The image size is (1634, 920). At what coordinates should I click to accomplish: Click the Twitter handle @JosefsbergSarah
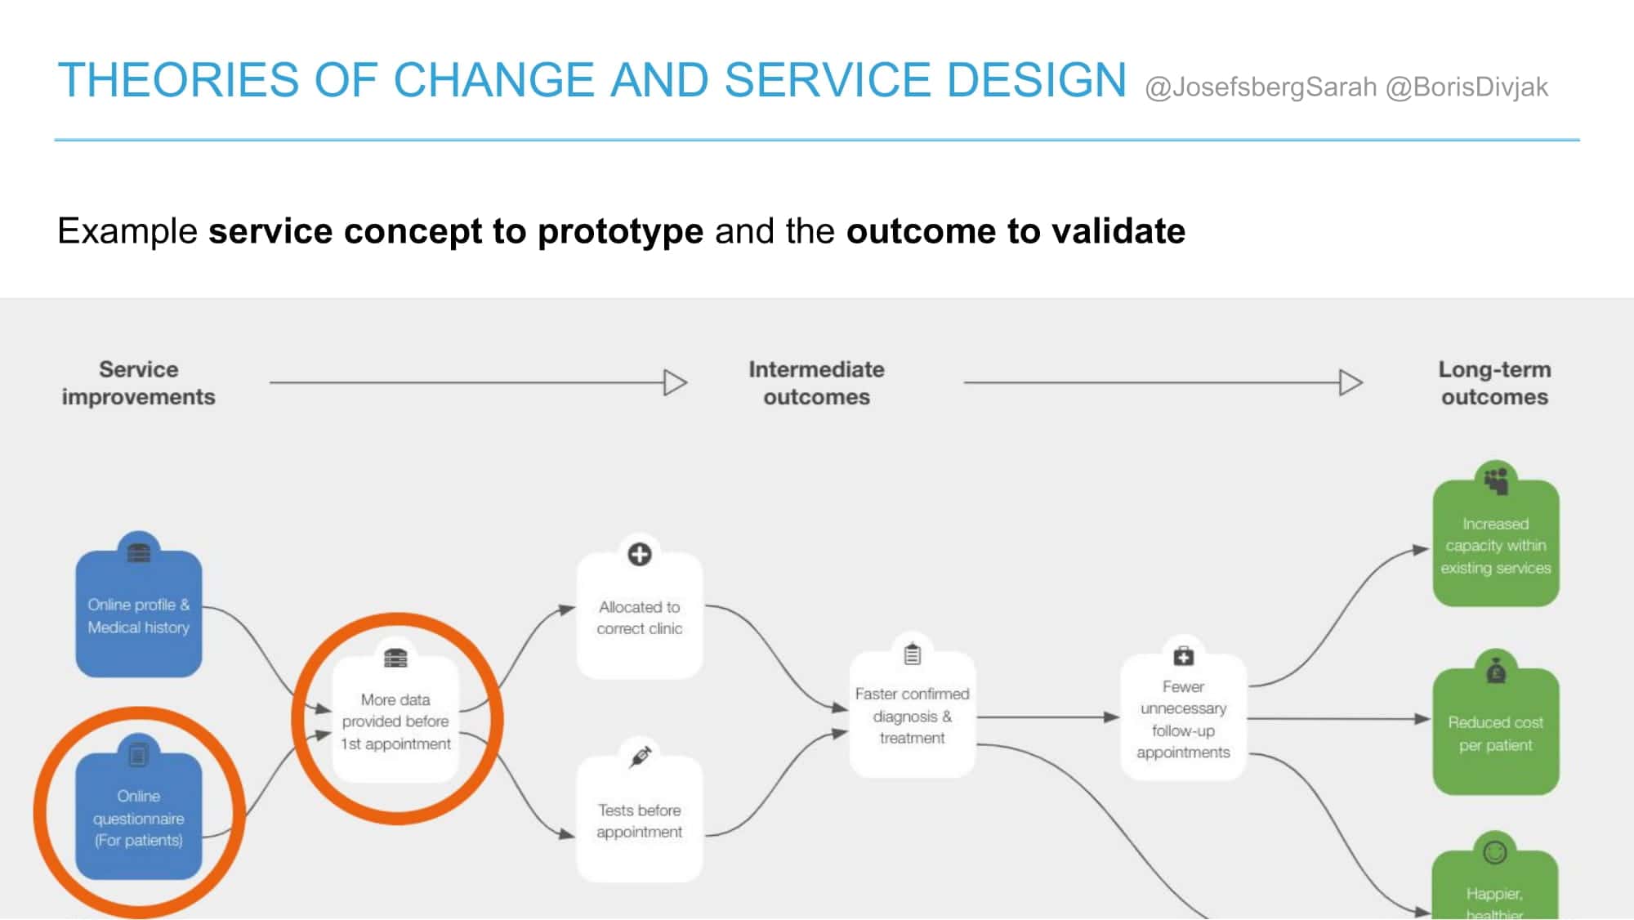coord(1261,87)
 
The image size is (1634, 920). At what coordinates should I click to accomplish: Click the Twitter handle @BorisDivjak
coord(1467,87)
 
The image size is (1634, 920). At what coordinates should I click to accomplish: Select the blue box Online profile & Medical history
coord(139,614)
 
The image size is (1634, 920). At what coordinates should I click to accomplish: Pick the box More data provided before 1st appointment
coord(395,720)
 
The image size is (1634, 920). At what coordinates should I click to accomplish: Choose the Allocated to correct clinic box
coord(640,616)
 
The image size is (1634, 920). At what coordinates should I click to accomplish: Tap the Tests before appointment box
coord(640,820)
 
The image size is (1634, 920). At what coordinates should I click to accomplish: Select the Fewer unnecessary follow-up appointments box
coord(1183,717)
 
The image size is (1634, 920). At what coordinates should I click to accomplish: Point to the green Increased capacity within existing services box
coord(1496,543)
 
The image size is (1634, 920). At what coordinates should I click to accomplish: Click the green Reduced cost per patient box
coord(1496,731)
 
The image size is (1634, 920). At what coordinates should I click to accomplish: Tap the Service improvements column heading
coord(139,383)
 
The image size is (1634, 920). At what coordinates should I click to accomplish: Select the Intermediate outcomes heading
coord(817,383)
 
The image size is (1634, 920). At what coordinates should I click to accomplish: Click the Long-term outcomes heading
coord(1495,383)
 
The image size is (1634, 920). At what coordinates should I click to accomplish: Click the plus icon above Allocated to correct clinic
coord(640,554)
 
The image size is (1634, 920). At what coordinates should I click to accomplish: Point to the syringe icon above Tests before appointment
coord(641,757)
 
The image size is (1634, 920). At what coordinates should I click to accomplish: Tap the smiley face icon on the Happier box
coord(1495,853)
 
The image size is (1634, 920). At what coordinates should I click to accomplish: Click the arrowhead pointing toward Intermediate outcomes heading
coord(676,382)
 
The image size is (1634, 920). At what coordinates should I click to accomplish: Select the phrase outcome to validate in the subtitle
coord(1016,231)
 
